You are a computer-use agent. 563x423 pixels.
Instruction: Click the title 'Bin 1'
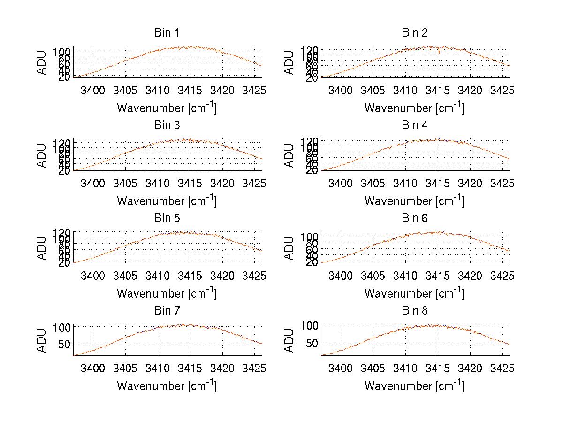click(166, 33)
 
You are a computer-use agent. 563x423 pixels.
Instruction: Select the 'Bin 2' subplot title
click(414, 33)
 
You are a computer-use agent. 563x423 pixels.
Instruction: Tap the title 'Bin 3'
click(166, 125)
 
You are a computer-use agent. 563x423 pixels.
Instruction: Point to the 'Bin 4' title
click(414, 125)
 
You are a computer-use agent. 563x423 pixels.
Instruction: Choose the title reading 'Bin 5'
click(166, 218)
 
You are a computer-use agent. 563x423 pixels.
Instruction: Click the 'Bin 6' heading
click(414, 218)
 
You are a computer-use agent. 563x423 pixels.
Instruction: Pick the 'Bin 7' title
click(166, 310)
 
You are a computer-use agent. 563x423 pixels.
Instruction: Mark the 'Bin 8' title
click(414, 310)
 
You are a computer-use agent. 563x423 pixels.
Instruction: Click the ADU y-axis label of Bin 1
click(42, 63)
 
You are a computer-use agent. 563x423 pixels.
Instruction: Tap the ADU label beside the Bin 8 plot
click(289, 340)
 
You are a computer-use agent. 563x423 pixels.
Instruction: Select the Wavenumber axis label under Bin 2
click(414, 108)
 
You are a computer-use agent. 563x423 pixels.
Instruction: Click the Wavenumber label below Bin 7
click(167, 385)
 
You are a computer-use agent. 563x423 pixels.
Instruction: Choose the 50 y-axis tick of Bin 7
click(64, 343)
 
